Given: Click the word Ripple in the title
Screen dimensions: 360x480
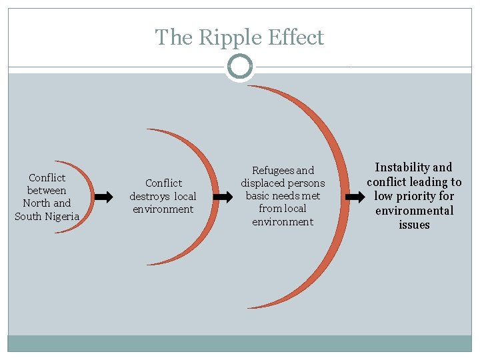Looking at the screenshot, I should pos(227,37).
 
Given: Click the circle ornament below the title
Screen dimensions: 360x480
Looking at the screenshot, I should pos(240,67).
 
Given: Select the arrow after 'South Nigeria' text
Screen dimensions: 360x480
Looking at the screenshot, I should pos(103,197).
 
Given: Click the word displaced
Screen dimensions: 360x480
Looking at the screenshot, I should pos(263,183).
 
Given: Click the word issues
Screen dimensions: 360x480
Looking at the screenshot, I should pos(414,225).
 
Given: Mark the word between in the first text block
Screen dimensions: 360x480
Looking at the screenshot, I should pos(47,191).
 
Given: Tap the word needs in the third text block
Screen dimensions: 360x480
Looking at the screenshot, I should pos(287,196).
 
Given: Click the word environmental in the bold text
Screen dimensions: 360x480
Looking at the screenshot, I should pos(414,211).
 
